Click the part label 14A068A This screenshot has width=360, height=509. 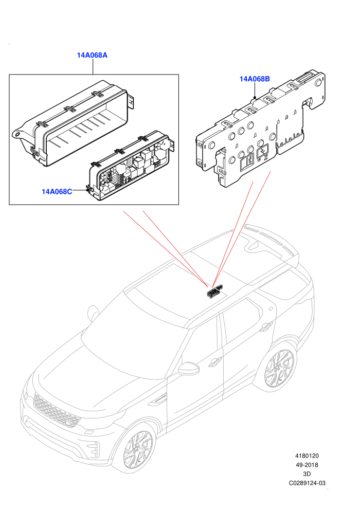92,55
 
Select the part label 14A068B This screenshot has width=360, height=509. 255,79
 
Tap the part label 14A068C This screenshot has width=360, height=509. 57,192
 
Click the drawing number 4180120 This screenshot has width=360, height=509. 307,456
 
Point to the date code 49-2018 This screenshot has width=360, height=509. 307,465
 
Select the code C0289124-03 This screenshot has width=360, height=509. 307,483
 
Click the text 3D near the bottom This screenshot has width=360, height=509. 307,474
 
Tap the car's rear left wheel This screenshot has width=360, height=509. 279,369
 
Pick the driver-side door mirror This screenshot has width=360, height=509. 189,368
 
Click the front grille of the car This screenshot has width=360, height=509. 56,410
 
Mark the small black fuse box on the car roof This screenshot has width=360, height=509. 215,290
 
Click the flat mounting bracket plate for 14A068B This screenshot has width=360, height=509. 260,130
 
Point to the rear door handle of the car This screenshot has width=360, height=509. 267,325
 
